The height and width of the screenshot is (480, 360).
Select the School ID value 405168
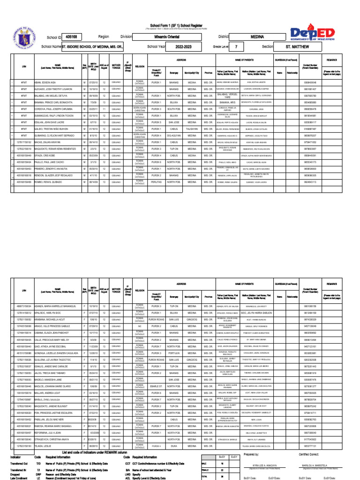tap(72, 37)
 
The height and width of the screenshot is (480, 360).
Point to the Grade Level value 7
tap(236, 47)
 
